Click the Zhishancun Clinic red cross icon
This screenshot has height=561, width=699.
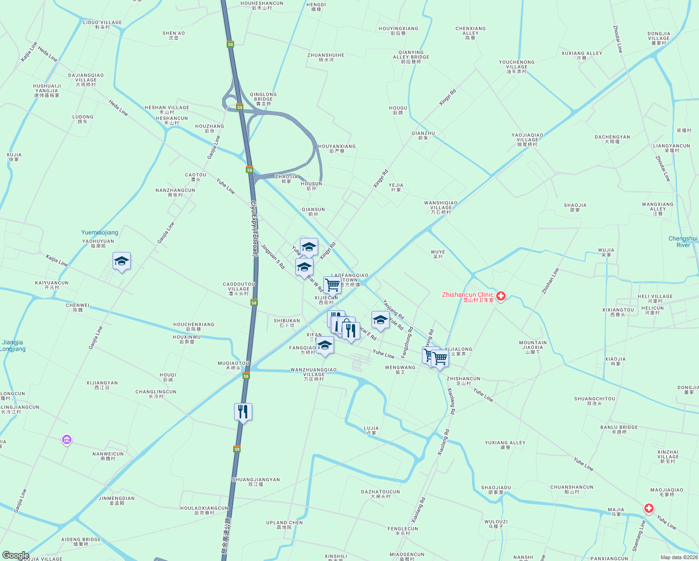(501, 296)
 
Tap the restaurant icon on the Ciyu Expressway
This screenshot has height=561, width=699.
(243, 412)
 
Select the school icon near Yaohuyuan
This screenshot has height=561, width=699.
(121, 261)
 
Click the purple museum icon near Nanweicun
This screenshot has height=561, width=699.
(67, 440)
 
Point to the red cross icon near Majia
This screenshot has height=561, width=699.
(649, 508)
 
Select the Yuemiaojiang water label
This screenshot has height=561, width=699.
(100, 232)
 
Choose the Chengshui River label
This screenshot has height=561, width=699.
(683, 242)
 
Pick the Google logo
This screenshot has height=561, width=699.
(15, 555)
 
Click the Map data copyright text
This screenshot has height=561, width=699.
(678, 557)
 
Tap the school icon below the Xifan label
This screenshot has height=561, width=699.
(325, 346)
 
